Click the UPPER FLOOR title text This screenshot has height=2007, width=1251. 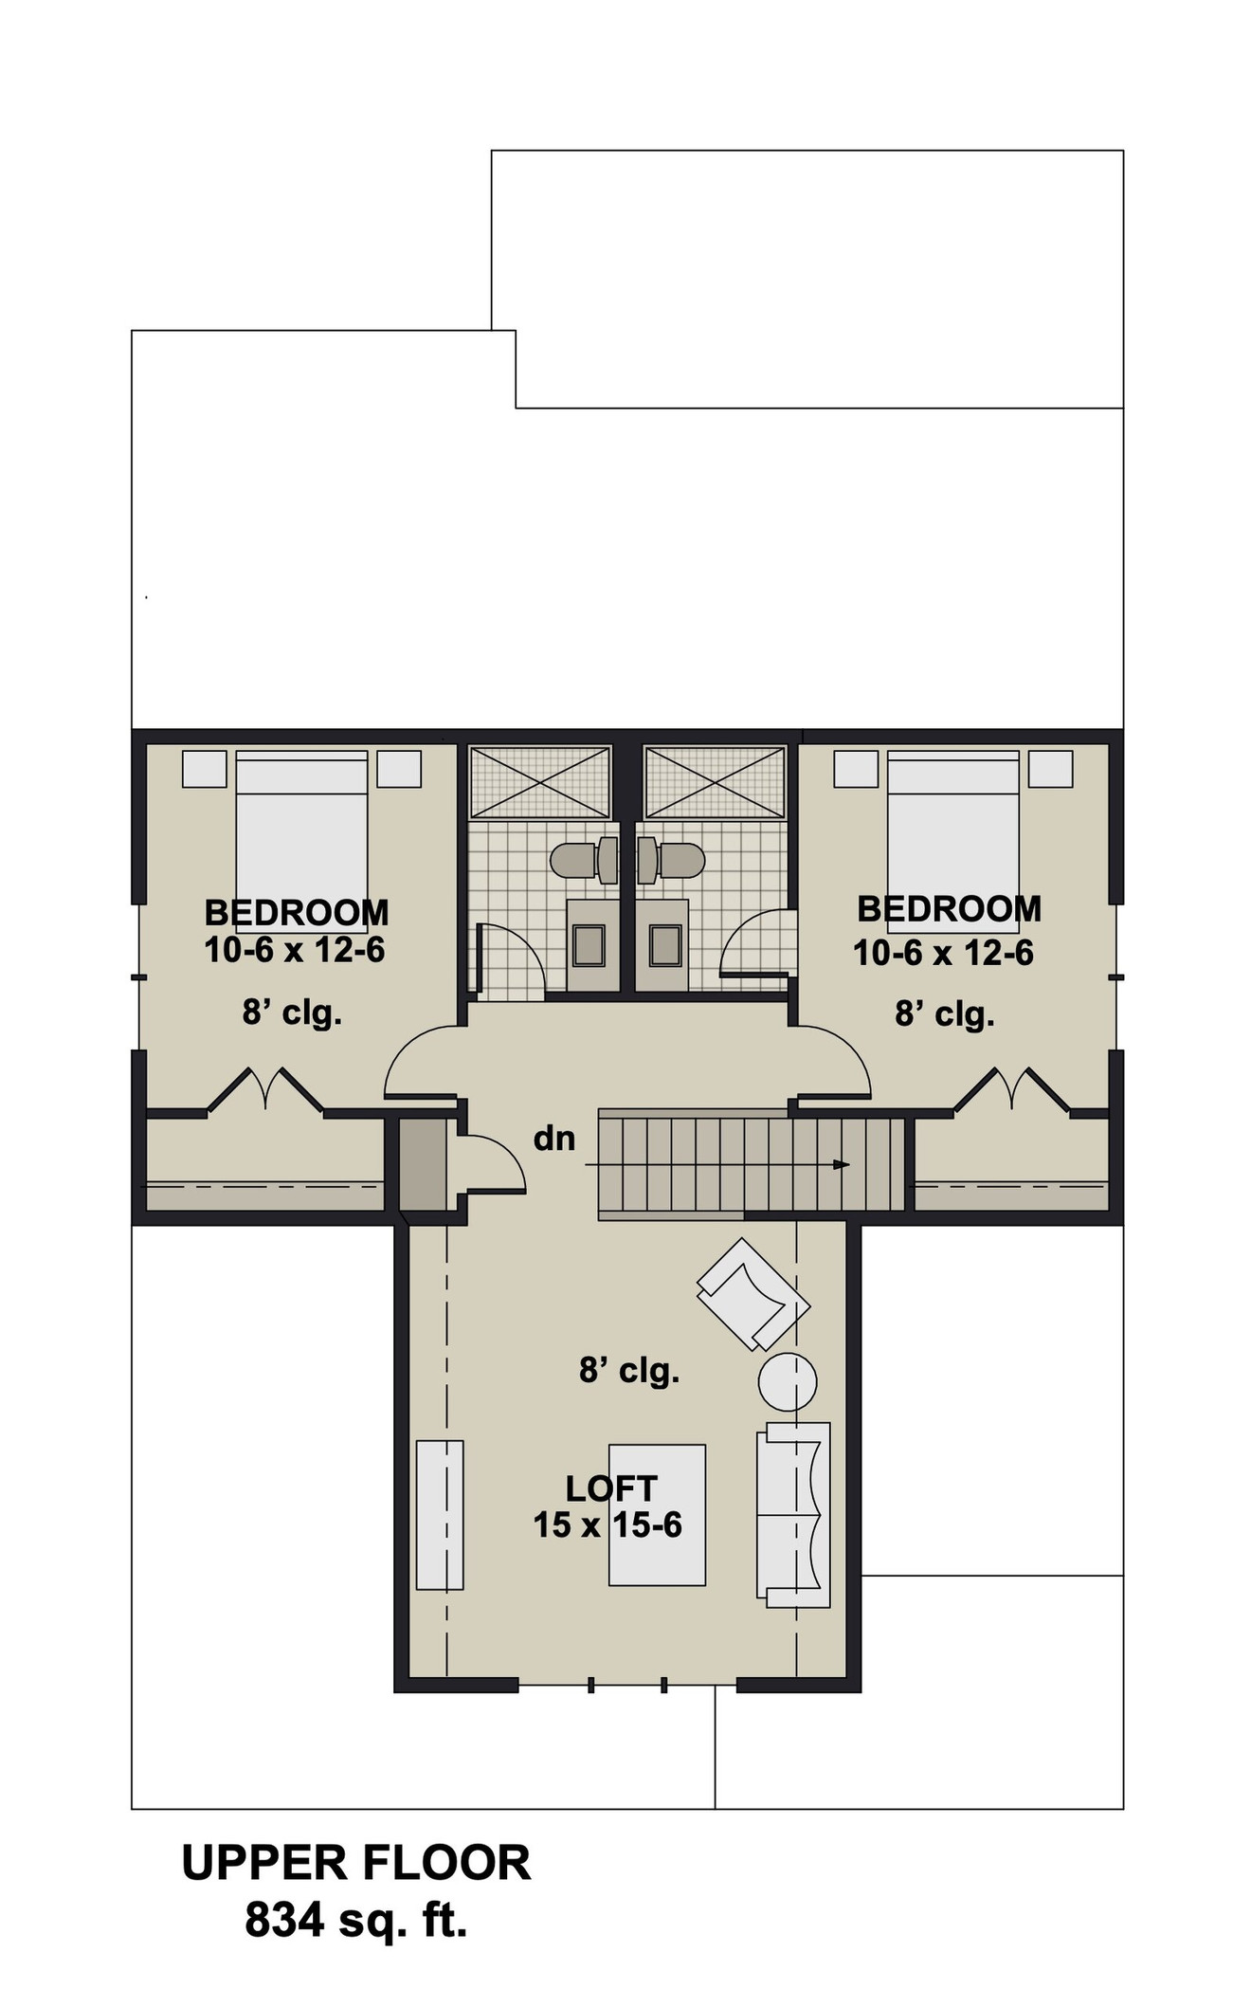tap(355, 1863)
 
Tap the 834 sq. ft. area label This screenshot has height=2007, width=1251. tap(355, 1920)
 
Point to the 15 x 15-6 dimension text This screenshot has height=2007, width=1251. tap(607, 1524)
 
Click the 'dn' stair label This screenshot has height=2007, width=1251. tap(554, 1138)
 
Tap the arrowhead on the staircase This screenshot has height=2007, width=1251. tap(841, 1164)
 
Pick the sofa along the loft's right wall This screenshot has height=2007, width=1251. tap(793, 1514)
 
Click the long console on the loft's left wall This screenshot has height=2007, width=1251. tap(440, 1514)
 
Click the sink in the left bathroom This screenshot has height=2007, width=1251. tap(589, 945)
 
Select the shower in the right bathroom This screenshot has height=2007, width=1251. tap(715, 783)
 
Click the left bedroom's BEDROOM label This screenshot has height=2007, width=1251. tap(297, 912)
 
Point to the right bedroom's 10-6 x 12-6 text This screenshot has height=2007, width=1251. tap(943, 953)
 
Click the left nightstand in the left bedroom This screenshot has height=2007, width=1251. tap(205, 769)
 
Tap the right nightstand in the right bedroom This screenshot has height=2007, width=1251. tap(1050, 769)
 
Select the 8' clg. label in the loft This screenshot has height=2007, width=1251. tap(629, 1370)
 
